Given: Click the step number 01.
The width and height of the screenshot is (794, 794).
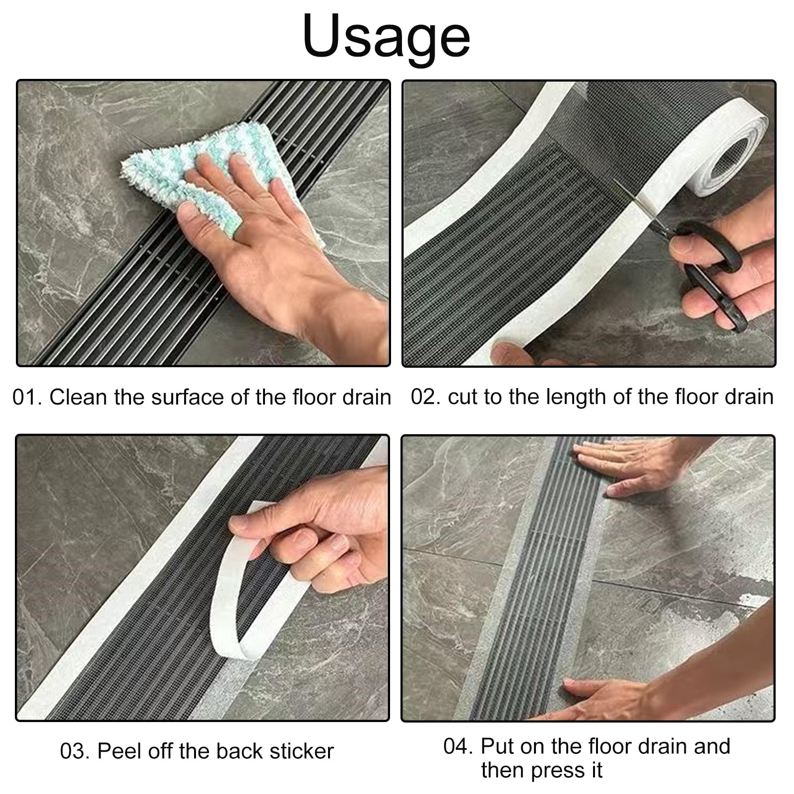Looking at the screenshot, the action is click(x=26, y=397).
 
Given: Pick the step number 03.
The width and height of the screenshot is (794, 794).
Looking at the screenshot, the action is click(x=74, y=751).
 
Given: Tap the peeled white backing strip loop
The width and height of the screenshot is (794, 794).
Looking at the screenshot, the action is click(x=248, y=586).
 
